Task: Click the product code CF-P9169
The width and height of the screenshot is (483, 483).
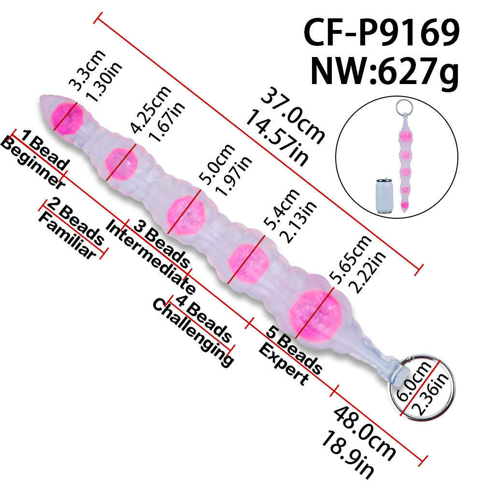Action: click(x=382, y=32)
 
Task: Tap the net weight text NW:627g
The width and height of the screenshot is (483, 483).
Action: click(x=385, y=72)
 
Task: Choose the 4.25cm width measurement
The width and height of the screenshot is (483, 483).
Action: click(x=150, y=109)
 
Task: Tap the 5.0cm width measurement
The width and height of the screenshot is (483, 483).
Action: click(x=216, y=164)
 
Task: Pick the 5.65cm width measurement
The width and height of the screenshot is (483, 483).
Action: click(x=350, y=259)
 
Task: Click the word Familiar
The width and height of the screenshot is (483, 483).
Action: click(x=67, y=236)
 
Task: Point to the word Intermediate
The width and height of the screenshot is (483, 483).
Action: click(x=150, y=257)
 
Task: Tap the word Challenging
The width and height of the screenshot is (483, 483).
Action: click(x=193, y=333)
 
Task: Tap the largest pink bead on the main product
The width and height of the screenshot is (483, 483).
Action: click(x=315, y=316)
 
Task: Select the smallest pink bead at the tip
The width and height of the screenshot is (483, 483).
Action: click(x=67, y=119)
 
